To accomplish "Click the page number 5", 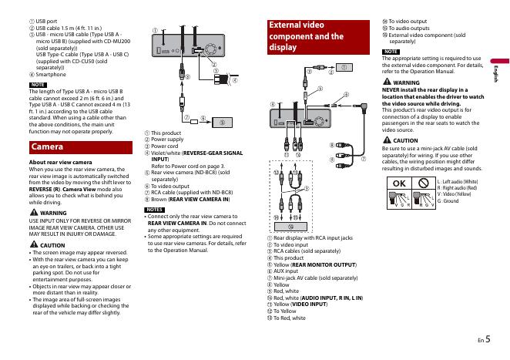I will pos(488,338).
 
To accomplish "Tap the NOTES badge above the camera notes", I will pos(155,210).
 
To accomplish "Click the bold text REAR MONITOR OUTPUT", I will pos(320,263).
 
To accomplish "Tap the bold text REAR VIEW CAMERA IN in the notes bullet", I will pos(184,223).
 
